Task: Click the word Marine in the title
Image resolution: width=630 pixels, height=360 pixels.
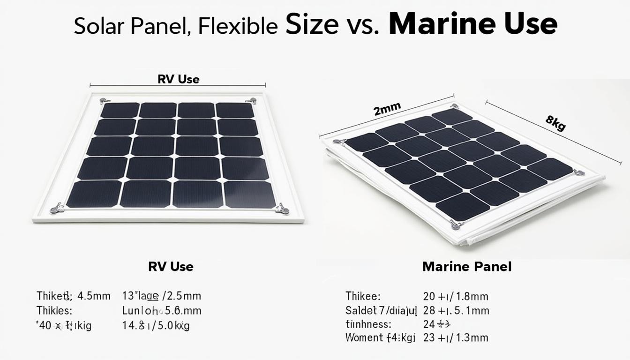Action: pyautogui.click(x=439, y=25)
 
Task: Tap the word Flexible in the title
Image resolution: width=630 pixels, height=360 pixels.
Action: pyautogui.click(x=238, y=26)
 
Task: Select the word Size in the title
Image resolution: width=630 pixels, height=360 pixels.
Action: pyautogui.click(x=312, y=25)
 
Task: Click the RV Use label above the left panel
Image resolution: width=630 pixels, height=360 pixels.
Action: pyautogui.click(x=178, y=79)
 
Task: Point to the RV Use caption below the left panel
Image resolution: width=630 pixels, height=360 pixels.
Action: pyautogui.click(x=171, y=267)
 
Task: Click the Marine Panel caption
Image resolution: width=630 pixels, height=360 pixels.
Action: pyautogui.click(x=467, y=267)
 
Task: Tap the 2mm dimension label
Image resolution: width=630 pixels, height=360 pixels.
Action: pyautogui.click(x=387, y=110)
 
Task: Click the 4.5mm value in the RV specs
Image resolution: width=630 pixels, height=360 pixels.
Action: pyautogui.click(x=93, y=296)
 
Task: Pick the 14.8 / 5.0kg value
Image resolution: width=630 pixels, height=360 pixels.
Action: pyautogui.click(x=156, y=326)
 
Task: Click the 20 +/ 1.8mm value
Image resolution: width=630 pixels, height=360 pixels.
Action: pyautogui.click(x=455, y=296)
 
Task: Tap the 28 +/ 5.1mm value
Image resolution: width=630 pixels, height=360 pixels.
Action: pyautogui.click(x=456, y=310)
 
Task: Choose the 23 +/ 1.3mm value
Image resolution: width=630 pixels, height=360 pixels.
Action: pyautogui.click(x=455, y=337)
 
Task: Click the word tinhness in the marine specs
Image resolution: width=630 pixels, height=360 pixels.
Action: pyautogui.click(x=368, y=324)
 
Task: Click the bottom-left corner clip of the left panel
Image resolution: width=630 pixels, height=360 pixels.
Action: pyautogui.click(x=57, y=208)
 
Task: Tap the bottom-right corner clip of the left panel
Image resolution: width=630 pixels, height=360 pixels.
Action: pyautogui.click(x=282, y=209)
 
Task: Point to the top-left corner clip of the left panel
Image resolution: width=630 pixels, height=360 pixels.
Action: pyautogui.click(x=104, y=100)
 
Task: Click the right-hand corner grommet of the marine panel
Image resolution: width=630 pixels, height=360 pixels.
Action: pyautogui.click(x=578, y=172)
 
